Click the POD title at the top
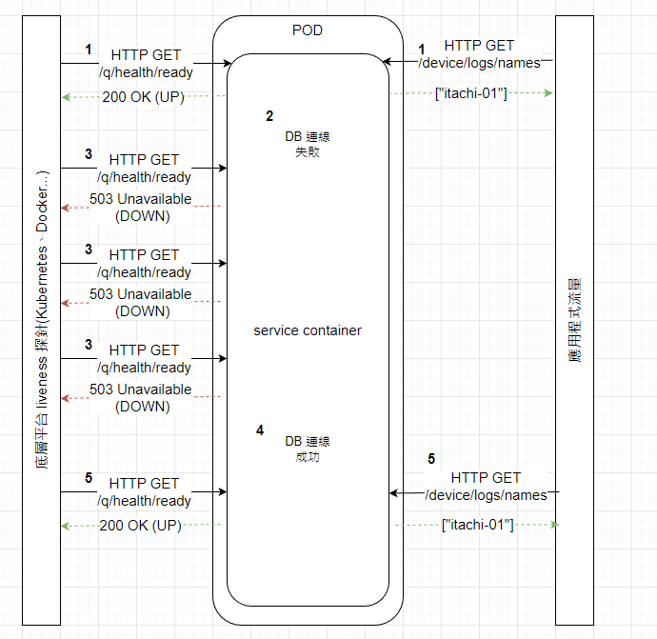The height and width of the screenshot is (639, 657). pyautogui.click(x=308, y=30)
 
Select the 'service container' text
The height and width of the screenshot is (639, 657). pyautogui.click(x=308, y=330)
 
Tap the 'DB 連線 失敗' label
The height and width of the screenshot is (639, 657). pyautogui.click(x=308, y=144)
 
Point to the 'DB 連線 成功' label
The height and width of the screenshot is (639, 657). pyautogui.click(x=308, y=449)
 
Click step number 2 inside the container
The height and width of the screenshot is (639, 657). pyautogui.click(x=269, y=116)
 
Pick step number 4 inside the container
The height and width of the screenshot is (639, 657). pyautogui.click(x=260, y=430)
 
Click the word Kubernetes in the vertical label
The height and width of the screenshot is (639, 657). pyautogui.click(x=42, y=283)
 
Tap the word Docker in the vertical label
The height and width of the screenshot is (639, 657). pyautogui.click(x=42, y=210)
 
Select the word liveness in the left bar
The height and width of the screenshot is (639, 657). pyautogui.click(x=42, y=383)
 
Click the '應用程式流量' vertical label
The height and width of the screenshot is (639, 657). pyautogui.click(x=575, y=320)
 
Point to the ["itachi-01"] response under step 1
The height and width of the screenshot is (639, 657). pyautogui.click(x=471, y=93)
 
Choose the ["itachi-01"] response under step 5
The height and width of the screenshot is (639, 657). pyautogui.click(x=478, y=525)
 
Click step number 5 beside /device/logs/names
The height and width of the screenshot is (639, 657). pyautogui.click(x=431, y=459)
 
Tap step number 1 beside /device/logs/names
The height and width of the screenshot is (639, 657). pyautogui.click(x=422, y=50)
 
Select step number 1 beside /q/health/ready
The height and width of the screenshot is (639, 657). pyautogui.click(x=88, y=50)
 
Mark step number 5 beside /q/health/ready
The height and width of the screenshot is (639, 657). pyautogui.click(x=89, y=478)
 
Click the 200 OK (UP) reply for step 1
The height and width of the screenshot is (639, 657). pyautogui.click(x=143, y=97)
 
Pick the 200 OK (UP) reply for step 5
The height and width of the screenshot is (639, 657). pyautogui.click(x=140, y=526)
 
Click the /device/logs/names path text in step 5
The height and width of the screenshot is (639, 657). pyautogui.click(x=486, y=495)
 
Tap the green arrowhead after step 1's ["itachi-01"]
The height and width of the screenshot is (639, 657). pyautogui.click(x=548, y=92)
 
